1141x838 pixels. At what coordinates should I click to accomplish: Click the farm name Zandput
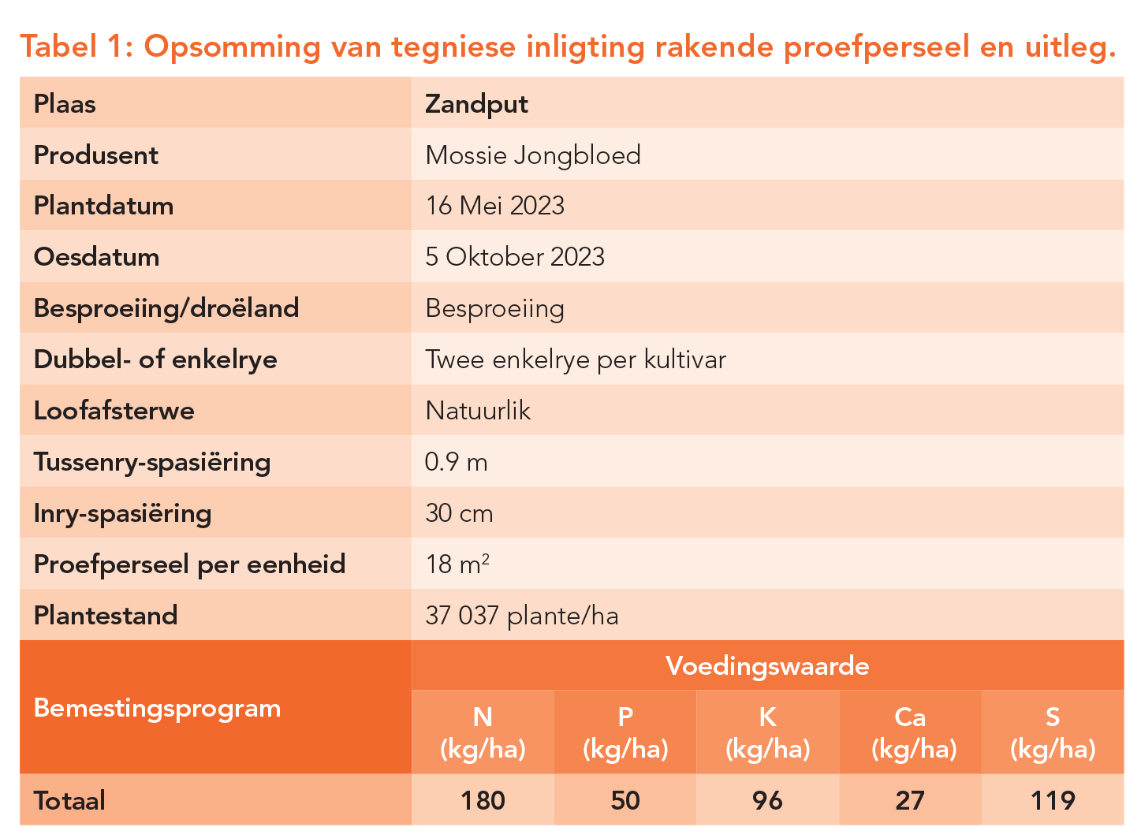point(476,104)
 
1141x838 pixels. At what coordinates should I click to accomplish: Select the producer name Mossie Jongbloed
point(532,155)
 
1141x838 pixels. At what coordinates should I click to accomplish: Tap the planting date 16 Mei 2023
point(494,206)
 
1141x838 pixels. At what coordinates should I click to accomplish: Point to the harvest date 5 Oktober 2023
point(514,257)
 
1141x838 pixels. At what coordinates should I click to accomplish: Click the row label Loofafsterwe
point(114,411)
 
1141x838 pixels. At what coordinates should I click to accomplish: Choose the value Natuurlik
point(478,411)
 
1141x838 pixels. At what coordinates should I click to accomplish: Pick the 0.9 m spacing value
point(456,462)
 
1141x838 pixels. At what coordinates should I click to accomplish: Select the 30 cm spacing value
point(459,513)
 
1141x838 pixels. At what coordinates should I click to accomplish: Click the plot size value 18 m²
point(457,564)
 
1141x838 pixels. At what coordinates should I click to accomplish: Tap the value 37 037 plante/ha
point(521,616)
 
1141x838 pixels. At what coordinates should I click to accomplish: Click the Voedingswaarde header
point(767,666)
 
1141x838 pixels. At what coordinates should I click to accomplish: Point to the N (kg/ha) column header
point(483,732)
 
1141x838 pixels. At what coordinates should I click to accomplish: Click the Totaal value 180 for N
point(483,801)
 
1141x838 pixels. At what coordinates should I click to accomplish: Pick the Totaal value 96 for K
point(767,801)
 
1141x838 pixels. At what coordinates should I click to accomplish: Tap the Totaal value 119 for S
point(1053,801)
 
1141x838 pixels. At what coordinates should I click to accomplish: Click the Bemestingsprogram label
point(157,708)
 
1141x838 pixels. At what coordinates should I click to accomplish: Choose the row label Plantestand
point(106,616)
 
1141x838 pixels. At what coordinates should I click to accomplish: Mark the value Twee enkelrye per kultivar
point(575,359)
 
